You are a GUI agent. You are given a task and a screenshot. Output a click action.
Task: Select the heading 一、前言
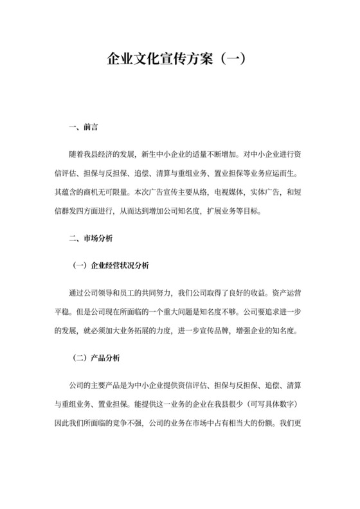[83, 127]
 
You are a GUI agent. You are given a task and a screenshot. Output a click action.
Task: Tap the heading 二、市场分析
[90, 238]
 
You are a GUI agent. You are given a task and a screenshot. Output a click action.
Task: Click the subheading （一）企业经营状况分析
[112, 265]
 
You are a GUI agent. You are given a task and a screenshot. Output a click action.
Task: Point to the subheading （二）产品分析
[97, 357]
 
